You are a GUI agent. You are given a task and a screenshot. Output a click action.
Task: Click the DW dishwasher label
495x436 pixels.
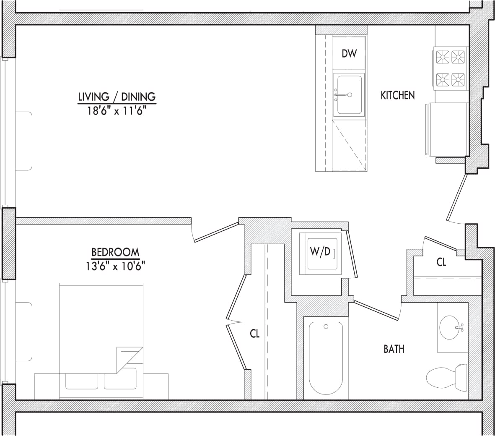(349, 53)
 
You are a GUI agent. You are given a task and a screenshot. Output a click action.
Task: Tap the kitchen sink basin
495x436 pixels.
(349, 95)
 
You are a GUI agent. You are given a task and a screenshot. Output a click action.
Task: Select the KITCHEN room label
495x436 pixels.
(397, 95)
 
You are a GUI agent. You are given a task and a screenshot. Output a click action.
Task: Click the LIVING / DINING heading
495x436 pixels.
(117, 97)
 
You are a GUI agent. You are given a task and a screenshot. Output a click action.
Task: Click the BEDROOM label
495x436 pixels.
(115, 252)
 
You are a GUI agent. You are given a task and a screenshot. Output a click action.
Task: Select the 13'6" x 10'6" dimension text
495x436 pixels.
(115, 266)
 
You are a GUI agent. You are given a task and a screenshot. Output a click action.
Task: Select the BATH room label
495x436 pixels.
(394, 349)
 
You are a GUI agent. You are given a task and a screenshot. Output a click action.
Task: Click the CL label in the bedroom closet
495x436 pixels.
(254, 334)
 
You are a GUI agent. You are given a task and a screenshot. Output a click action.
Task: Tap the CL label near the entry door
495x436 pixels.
(441, 262)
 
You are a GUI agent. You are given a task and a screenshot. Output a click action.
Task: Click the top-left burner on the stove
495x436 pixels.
(443, 56)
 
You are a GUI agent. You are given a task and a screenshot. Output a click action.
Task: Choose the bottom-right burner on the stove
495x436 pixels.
(459, 78)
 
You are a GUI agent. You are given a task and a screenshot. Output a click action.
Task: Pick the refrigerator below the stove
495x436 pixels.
(447, 129)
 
